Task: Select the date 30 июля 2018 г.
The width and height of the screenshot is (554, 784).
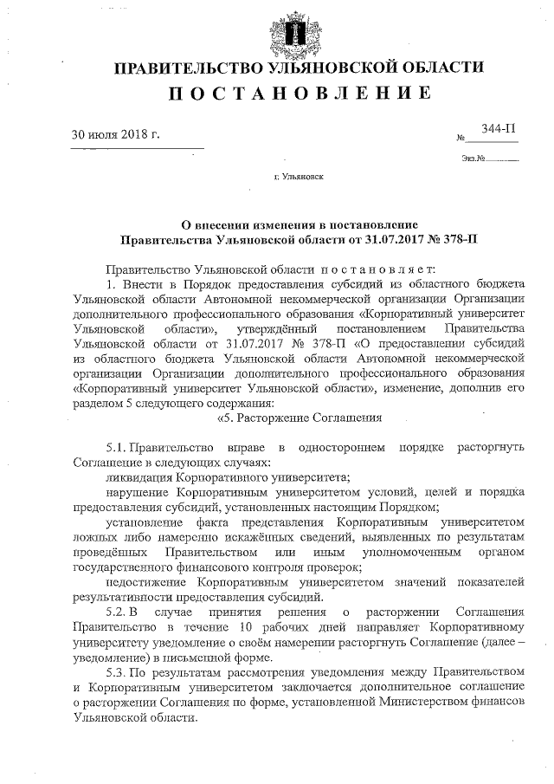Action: (x=116, y=135)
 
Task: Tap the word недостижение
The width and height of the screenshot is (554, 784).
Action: (x=145, y=582)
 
